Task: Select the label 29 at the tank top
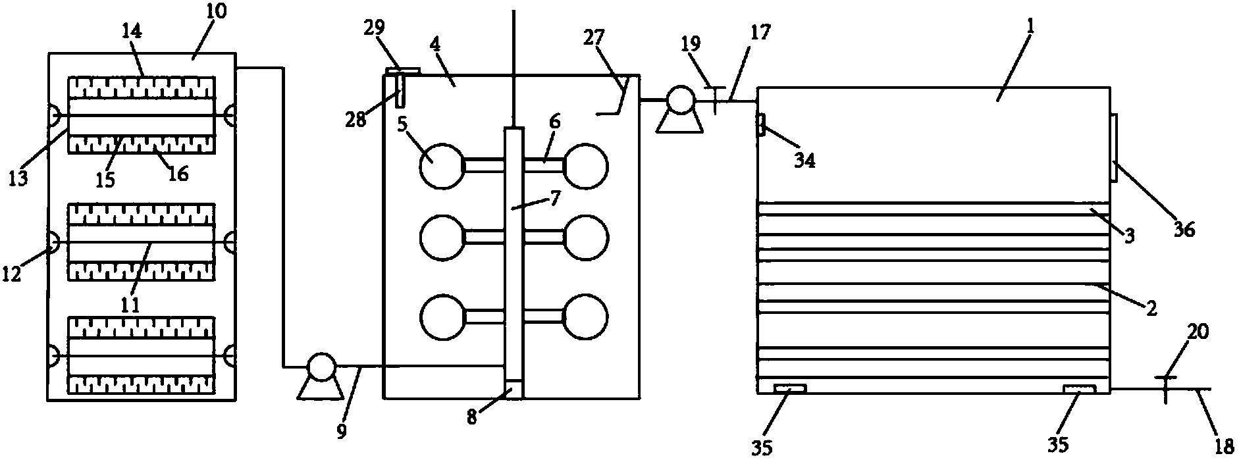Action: click(x=373, y=28)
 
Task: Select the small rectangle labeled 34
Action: click(x=761, y=124)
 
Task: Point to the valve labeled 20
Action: click(x=1164, y=389)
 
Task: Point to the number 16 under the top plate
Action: click(x=178, y=173)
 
